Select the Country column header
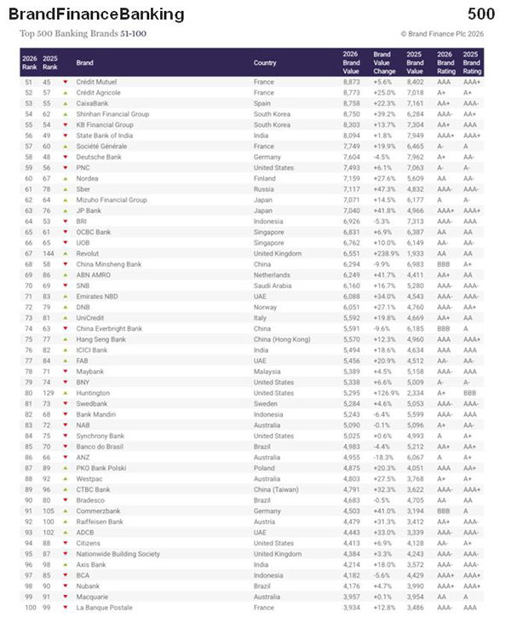(265, 62)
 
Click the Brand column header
(84, 62)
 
